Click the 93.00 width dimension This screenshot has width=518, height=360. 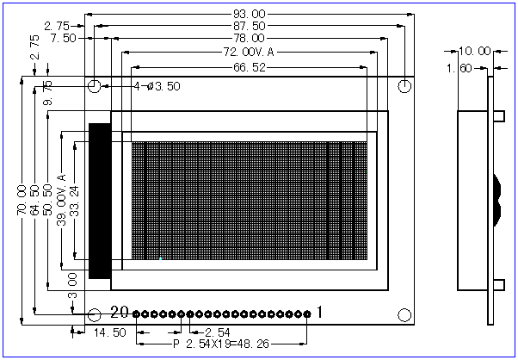click(x=250, y=14)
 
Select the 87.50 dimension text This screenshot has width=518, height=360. click(x=250, y=27)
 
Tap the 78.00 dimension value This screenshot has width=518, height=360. click(x=250, y=39)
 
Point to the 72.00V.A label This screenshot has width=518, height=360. click(x=248, y=52)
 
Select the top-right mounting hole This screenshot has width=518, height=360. click(x=404, y=86)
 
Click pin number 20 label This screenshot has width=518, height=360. click(x=120, y=313)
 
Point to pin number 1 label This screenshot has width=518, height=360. click(x=320, y=313)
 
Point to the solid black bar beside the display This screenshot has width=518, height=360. click(x=99, y=201)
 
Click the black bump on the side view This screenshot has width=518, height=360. click(x=496, y=198)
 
